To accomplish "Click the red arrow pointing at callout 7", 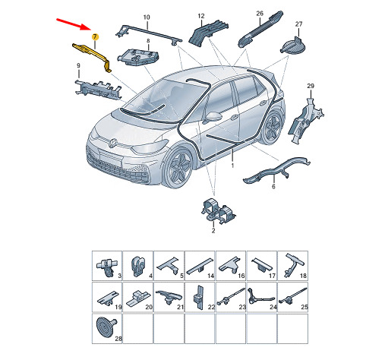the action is (73, 24).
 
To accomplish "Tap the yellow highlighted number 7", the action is (95, 37).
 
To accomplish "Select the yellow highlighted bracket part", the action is (92, 56).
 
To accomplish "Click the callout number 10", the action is (147, 17).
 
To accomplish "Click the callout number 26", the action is (260, 14).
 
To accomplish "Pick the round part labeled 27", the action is (293, 46).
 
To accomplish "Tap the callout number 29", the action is (311, 86).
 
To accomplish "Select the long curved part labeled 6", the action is (276, 170).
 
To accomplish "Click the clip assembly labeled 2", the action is (218, 211).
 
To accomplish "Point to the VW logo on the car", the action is (112, 144).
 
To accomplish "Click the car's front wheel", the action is (178, 168).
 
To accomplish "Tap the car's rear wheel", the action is (272, 127).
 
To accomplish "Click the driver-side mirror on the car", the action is (213, 117).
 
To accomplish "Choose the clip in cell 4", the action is (137, 266).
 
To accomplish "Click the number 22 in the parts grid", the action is (211, 307).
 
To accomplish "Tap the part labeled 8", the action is (137, 57).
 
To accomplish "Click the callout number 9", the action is (78, 65).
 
